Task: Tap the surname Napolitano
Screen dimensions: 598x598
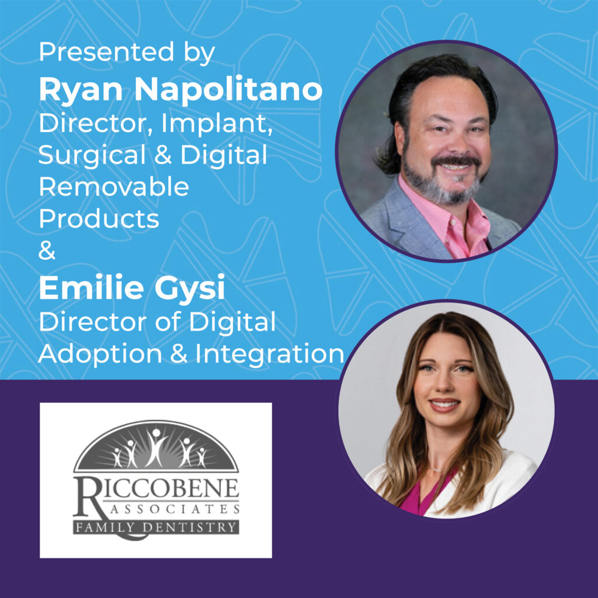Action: click(228, 89)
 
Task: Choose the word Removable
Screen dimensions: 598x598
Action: click(114, 187)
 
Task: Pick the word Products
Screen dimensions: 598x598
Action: click(99, 218)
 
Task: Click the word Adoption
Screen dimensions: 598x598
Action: click(100, 355)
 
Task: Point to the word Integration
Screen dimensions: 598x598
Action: click(270, 355)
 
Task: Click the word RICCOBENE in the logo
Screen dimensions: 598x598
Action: click(157, 489)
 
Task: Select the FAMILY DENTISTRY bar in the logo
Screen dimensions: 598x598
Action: click(156, 527)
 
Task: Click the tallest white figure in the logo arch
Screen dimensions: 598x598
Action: click(155, 448)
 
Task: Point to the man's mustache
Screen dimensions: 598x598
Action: click(456, 160)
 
